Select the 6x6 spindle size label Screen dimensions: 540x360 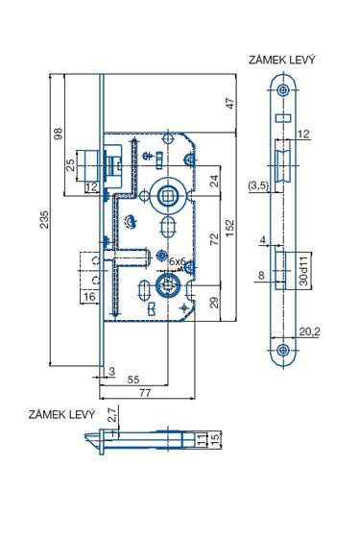pyautogui.click(x=176, y=261)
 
